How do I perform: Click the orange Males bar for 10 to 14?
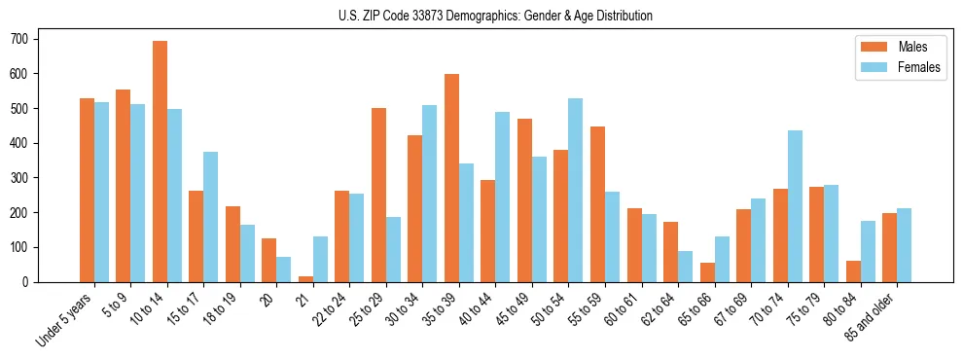coord(160,162)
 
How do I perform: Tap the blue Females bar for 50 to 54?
coord(576,190)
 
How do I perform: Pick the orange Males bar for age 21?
coord(305,278)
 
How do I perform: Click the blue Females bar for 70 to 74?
coord(795,206)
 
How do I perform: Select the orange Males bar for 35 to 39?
coord(451,178)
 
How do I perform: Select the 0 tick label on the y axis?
coord(31,282)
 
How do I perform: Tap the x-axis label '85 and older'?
coord(871,315)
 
